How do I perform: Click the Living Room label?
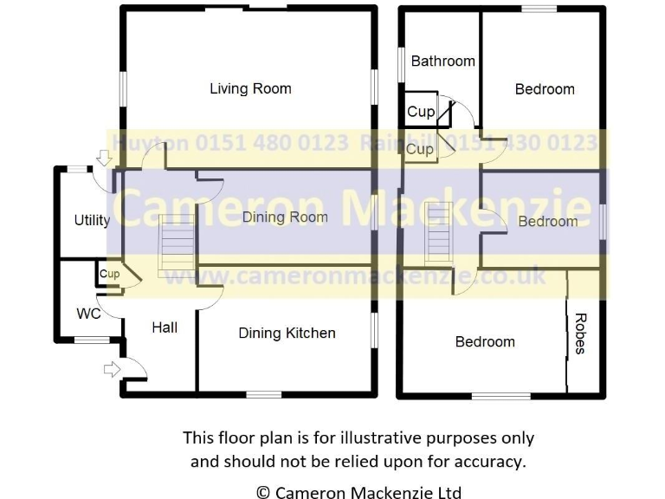pyautogui.click(x=250, y=88)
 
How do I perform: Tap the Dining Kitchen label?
pyautogui.click(x=287, y=333)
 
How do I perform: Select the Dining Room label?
pyautogui.click(x=285, y=217)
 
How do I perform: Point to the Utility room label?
pyautogui.click(x=92, y=220)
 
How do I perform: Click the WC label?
pyautogui.click(x=89, y=313)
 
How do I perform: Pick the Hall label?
pyautogui.click(x=165, y=327)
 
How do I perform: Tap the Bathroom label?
pyautogui.click(x=442, y=61)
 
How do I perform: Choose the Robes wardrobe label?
pyautogui.click(x=580, y=334)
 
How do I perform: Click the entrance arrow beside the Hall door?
pyautogui.click(x=111, y=370)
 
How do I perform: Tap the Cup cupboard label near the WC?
pyautogui.click(x=109, y=275)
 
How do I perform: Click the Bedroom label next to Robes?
pyautogui.click(x=485, y=341)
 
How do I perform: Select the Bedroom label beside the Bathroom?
pyautogui.click(x=545, y=88)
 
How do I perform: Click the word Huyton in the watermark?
pyautogui.click(x=145, y=143)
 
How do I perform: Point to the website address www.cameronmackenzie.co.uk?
pyautogui.click(x=355, y=276)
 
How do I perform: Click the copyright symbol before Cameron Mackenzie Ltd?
pyautogui.click(x=263, y=493)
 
